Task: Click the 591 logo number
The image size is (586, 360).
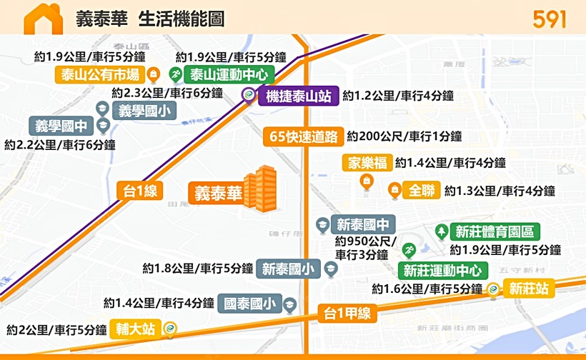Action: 550,19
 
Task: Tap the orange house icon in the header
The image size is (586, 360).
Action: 43,19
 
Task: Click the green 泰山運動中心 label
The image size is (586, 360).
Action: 228,74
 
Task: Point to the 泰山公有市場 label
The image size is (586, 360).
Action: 99,74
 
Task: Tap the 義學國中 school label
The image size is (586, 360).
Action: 61,126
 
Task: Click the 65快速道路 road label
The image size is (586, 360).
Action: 303,136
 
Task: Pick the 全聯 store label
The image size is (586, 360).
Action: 421,191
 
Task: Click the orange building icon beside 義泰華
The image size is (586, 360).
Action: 259,189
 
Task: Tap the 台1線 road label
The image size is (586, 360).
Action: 140,190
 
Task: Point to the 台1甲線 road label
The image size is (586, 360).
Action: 346,313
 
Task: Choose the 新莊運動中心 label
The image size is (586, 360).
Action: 443,270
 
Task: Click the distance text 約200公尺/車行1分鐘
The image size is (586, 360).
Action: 404,136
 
